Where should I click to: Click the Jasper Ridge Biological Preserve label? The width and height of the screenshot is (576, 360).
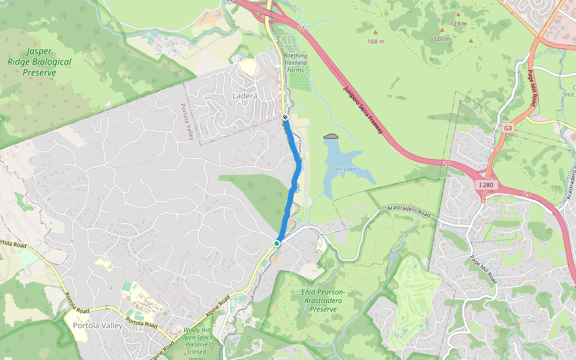40,62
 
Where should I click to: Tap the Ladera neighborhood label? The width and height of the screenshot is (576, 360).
244,96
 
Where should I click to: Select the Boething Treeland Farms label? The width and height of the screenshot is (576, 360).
295,63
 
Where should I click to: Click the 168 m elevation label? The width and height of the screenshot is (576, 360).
376,42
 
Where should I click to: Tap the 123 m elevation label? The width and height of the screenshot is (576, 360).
458,24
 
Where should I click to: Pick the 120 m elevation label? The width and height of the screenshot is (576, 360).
442,39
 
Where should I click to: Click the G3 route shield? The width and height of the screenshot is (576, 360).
508,128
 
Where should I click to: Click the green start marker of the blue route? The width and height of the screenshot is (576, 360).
277,243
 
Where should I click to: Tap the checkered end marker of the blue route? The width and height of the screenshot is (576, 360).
285,117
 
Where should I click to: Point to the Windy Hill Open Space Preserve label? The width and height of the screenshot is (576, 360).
197,343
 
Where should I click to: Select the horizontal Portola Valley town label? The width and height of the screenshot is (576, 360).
97,326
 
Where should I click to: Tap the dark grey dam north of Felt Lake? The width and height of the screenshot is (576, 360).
331,136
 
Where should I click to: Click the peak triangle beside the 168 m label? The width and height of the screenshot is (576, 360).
376,32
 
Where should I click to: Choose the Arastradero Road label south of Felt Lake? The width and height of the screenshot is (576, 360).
410,211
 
